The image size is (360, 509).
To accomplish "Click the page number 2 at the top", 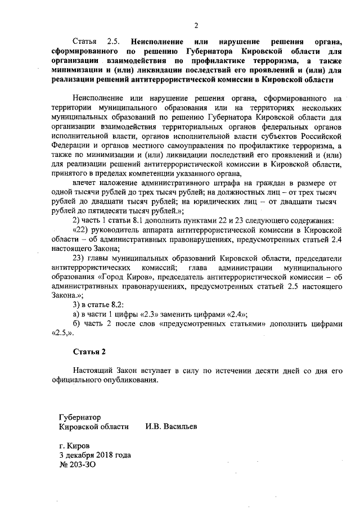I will [196, 25].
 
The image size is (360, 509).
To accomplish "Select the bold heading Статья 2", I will [89, 352].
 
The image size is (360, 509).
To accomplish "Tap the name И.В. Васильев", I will [172, 427].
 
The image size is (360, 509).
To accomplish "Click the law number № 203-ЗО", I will [73, 465].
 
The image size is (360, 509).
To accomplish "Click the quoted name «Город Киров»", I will [126, 277].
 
